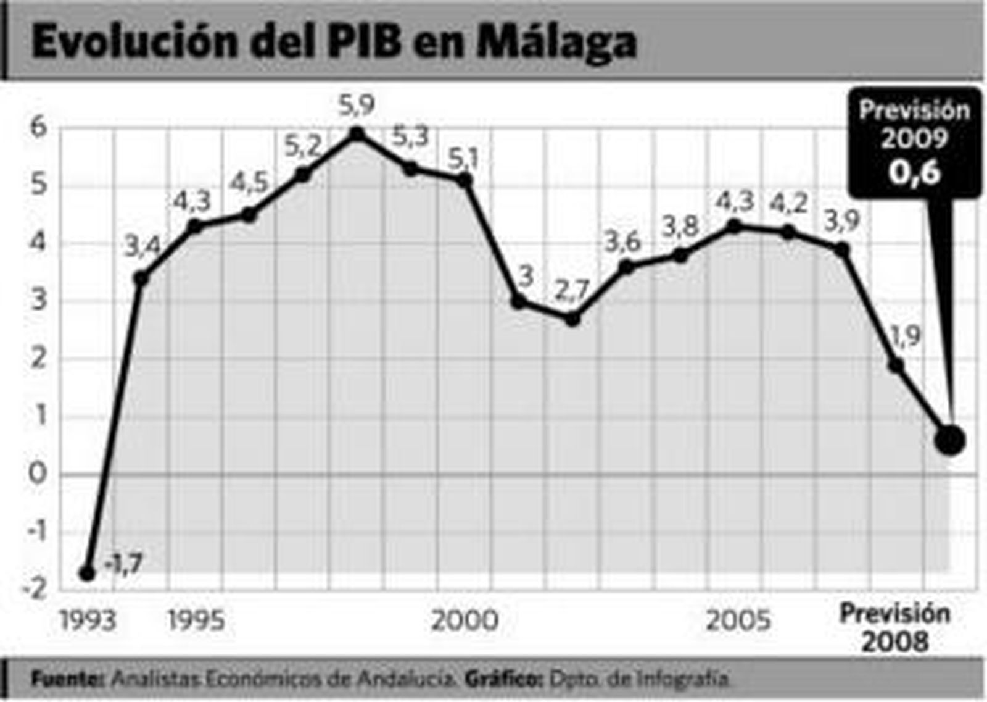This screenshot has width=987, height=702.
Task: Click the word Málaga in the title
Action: (557, 42)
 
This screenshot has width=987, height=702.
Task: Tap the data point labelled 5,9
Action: (357, 134)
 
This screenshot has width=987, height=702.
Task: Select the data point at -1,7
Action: (88, 573)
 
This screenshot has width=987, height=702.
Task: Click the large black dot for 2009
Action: (949, 440)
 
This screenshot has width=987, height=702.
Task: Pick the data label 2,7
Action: (572, 290)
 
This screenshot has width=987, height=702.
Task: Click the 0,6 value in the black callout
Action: (914, 173)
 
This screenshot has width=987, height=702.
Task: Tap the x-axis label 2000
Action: (465, 620)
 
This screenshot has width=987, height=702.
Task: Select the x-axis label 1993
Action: (88, 620)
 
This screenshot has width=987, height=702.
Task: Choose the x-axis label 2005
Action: (738, 620)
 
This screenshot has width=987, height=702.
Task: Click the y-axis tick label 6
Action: (39, 128)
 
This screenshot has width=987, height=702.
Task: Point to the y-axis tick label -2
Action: (35, 589)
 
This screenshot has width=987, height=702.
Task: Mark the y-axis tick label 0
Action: (38, 474)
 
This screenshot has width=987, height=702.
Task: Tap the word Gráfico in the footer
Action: (503, 679)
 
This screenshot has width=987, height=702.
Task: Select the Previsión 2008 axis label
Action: (895, 627)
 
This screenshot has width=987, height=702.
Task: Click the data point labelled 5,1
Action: (465, 180)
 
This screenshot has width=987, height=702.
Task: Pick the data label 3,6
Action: (622, 242)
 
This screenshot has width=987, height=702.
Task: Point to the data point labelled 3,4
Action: (141, 278)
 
